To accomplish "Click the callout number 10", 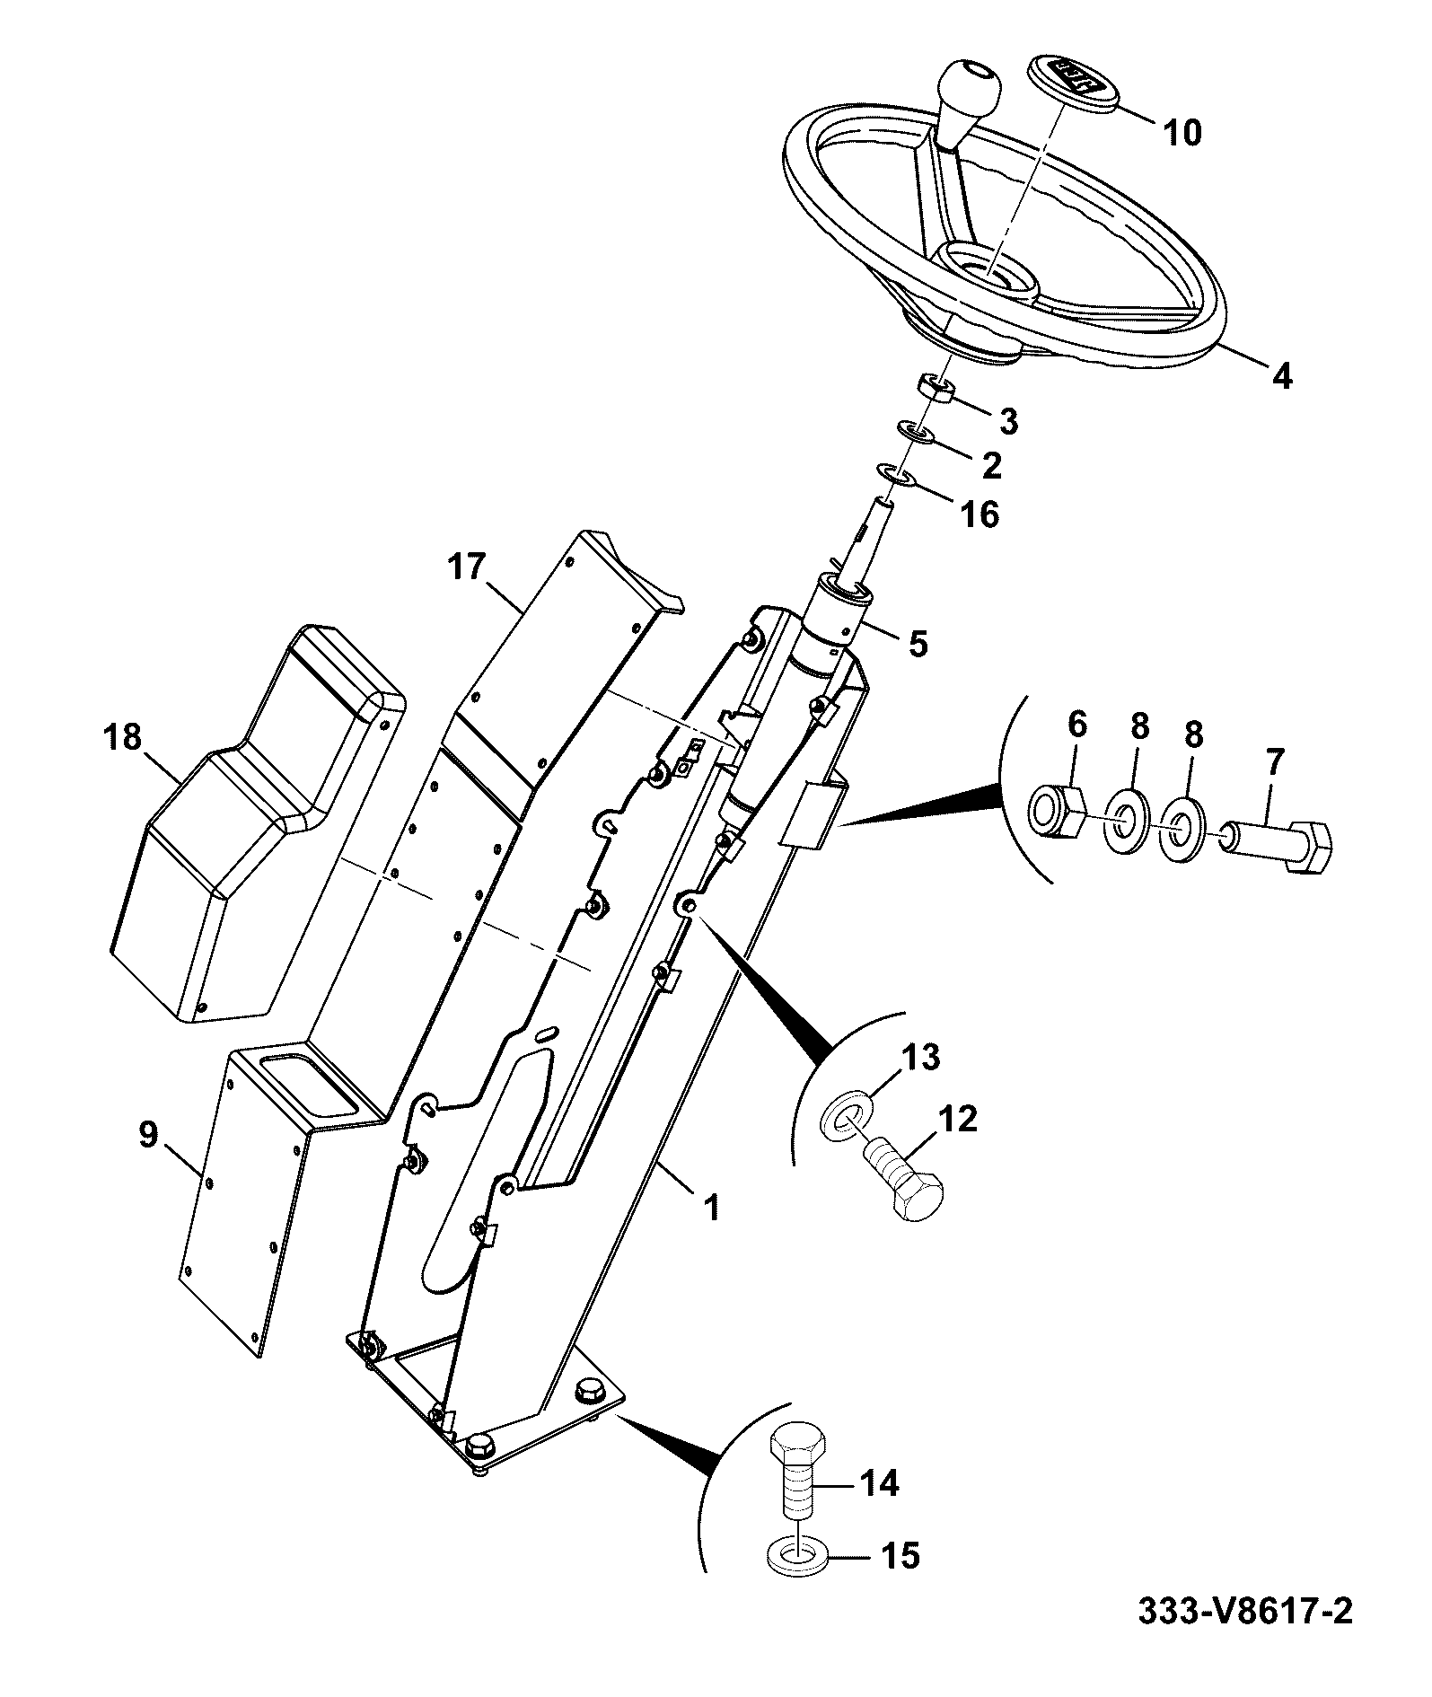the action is click(x=1182, y=133).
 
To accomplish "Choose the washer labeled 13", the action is click(x=845, y=1113).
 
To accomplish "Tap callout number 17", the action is click(x=466, y=567).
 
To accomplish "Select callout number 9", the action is click(x=148, y=1134).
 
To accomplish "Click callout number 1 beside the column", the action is click(x=712, y=1209).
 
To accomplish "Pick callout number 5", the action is click(x=917, y=644).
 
